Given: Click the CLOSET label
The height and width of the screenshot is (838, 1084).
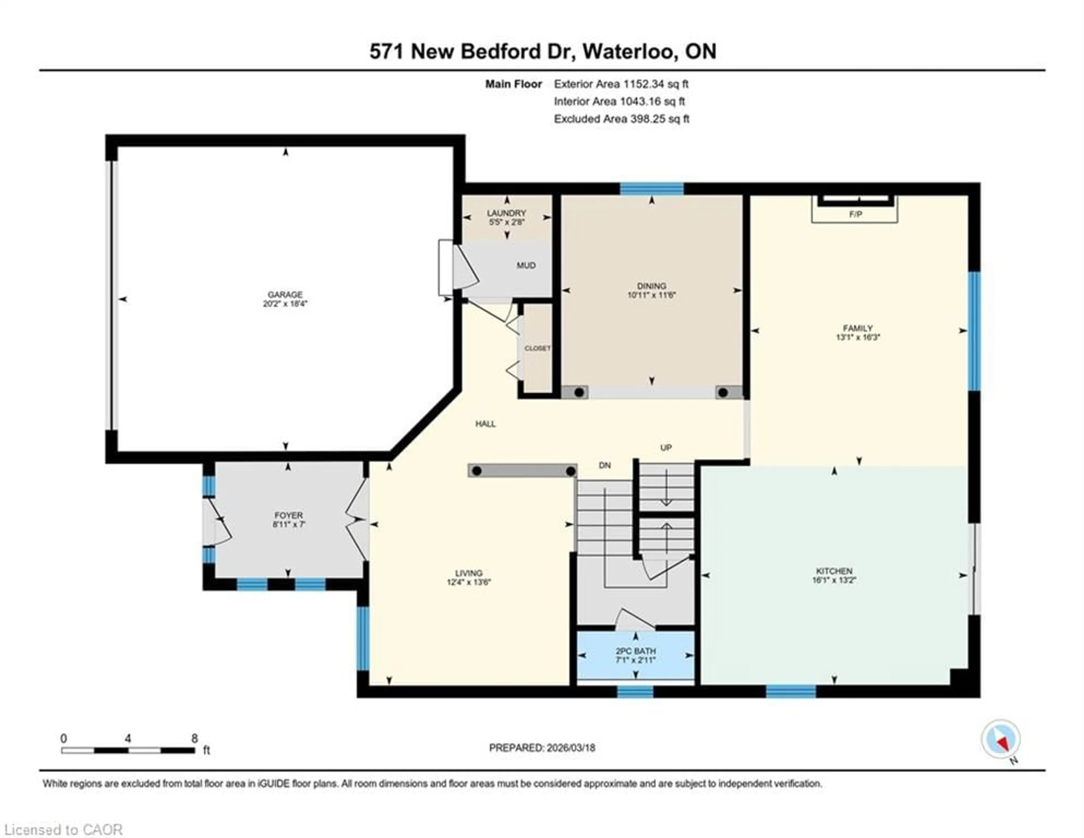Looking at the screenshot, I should coord(537,348).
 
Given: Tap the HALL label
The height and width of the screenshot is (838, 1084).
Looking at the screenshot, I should coord(486,424).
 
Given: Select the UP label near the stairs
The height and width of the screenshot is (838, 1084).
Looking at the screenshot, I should coord(666,448).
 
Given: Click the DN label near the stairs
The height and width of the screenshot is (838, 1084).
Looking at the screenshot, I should coord(605,465).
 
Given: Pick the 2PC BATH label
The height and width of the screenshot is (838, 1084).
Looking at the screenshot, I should coord(636,651).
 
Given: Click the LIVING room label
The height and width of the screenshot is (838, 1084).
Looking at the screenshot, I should coord(469,573).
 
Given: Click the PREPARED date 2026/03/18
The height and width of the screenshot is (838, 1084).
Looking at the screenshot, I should coord(570,748).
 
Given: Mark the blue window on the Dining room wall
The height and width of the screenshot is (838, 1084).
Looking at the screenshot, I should coord(652,189).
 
